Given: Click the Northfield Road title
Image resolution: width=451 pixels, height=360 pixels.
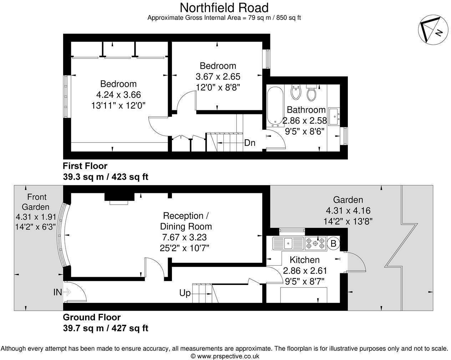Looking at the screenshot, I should pos(224,7).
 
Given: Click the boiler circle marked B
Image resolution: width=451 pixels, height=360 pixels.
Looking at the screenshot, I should pos(333,244).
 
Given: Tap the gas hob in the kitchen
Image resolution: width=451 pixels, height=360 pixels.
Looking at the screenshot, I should pos(315,244).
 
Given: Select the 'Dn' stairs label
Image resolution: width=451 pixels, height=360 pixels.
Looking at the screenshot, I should pos(250,143).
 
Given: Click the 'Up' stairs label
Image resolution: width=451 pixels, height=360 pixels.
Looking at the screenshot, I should pos(185,293).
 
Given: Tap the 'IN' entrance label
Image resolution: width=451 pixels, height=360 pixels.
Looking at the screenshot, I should pos(57,292).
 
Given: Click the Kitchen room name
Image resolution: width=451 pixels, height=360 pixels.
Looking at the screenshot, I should pos(304,260).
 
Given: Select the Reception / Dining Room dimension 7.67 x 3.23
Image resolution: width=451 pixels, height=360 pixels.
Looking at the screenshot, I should pos(184,237).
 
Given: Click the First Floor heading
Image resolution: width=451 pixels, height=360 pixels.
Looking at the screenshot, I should pos(85,166).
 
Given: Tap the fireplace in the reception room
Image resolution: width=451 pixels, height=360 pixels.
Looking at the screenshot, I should pos(119,198).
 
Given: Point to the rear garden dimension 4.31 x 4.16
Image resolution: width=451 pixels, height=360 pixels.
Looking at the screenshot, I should pos(348,211).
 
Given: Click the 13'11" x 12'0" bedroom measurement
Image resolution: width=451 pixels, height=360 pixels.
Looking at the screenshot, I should pos(118,105).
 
